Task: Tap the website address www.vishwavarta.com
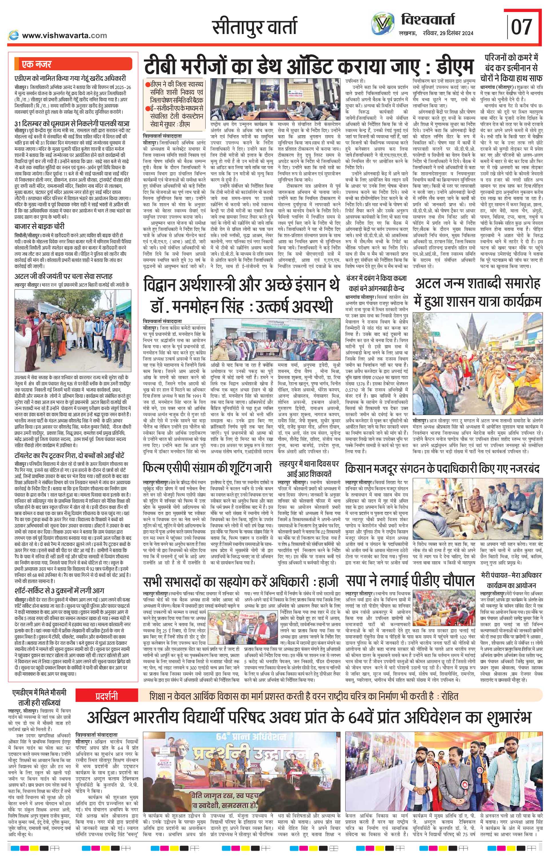pyautogui.click(x=64, y=35)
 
